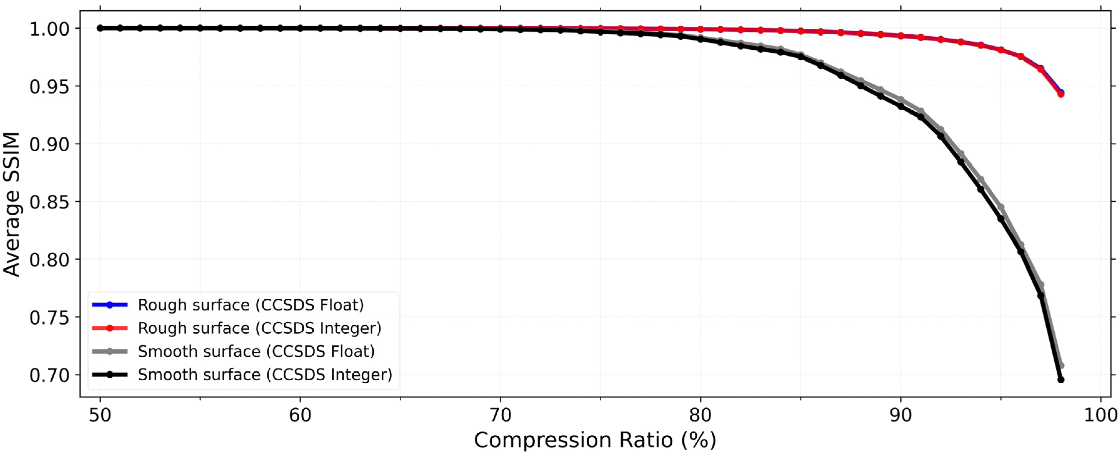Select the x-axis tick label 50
point(100,415)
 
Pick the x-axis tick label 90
point(900,415)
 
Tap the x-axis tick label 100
point(1100,415)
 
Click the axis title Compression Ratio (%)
point(595,440)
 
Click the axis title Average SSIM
point(12,204)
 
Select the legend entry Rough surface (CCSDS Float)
point(251,305)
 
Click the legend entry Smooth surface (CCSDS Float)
point(256,351)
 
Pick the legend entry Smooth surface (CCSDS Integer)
point(265,374)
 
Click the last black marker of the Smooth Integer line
point(1061,380)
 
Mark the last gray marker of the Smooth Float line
point(1061,366)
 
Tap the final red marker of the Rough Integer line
point(1061,94)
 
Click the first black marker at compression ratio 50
point(100,28)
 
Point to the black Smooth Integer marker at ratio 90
point(900,106)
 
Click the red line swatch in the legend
point(110,328)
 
